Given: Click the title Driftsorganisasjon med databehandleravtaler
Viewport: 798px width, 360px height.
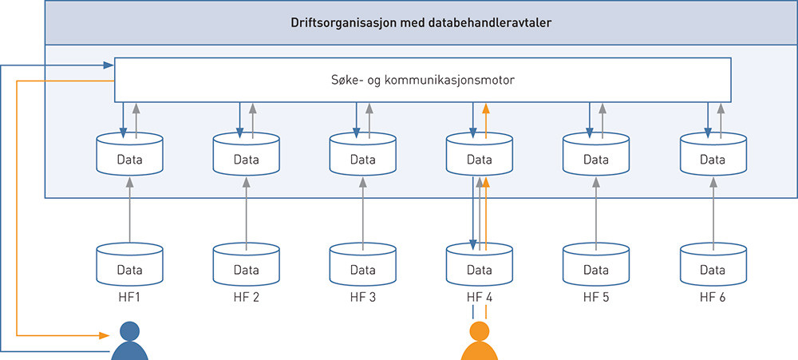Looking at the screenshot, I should point(421,22).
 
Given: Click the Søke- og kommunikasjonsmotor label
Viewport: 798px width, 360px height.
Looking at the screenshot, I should point(422,80).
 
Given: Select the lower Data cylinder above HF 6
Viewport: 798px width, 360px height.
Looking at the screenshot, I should point(713,266).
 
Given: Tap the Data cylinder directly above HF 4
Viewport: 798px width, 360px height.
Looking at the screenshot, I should point(480,266).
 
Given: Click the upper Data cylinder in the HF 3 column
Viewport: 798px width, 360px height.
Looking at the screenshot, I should point(362,156).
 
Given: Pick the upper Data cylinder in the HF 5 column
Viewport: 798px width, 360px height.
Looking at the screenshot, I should point(596,156).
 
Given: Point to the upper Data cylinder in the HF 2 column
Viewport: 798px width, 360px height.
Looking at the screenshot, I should point(246,156).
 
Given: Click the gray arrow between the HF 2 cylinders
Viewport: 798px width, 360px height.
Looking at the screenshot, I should point(246,212).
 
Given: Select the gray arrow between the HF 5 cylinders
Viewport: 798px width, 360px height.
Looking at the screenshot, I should point(596,212).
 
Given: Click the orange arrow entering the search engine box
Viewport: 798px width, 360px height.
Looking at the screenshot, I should point(486,112).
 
